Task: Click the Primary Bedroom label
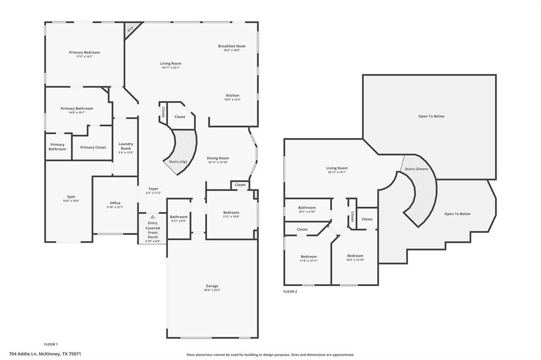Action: [x=85, y=52]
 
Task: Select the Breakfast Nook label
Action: [x=231, y=46]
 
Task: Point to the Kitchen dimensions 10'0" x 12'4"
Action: [x=232, y=100]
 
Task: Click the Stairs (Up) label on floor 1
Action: [x=177, y=162]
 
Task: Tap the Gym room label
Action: [x=71, y=196]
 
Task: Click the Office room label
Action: [x=115, y=203]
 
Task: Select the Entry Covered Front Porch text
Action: [x=153, y=230]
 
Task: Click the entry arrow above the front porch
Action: [x=153, y=216]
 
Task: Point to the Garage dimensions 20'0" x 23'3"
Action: [x=212, y=290]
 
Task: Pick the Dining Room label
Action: [x=218, y=158]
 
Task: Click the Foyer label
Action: [x=153, y=188]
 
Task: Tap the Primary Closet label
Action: [x=93, y=147]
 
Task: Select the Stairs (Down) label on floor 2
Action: [x=416, y=169]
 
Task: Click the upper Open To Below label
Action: [x=431, y=116]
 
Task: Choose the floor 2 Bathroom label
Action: [x=307, y=207]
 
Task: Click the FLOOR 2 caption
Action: [x=290, y=291]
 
